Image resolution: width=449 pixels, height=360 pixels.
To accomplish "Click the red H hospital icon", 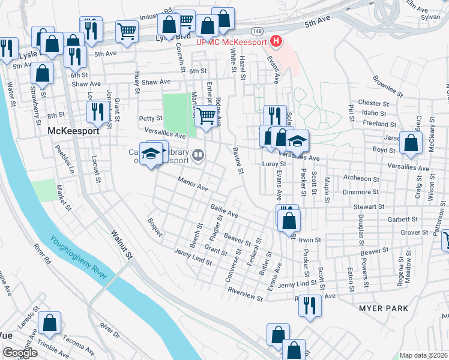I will click(276, 41).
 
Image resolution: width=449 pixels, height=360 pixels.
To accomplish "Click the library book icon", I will click(197, 156).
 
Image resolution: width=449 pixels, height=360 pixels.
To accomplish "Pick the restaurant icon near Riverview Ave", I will click(310, 304).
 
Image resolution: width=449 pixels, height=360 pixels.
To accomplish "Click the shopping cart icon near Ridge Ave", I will click(206, 115).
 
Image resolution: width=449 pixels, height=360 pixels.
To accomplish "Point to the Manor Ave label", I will click(192, 184).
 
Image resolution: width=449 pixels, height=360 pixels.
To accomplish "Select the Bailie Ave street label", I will click(224, 211).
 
